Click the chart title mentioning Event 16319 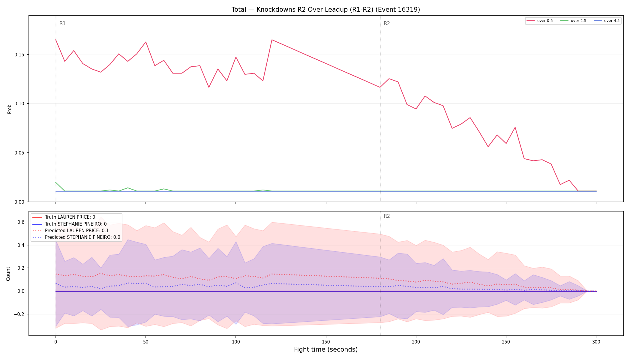[x=326, y=10]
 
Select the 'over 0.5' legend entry [x=540, y=21]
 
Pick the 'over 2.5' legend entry [x=573, y=21]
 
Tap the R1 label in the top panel [x=62, y=23]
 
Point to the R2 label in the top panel [x=387, y=23]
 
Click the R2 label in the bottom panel [x=387, y=216]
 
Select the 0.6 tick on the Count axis [x=21, y=222]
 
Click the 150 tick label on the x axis [x=326, y=342]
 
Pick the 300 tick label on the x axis [x=596, y=342]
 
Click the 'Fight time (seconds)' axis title [x=326, y=349]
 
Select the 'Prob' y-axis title [x=9, y=109]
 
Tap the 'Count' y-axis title [x=8, y=274]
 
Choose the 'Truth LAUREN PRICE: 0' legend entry [x=70, y=217]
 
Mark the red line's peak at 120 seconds [x=272, y=40]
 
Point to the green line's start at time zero [x=56, y=182]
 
